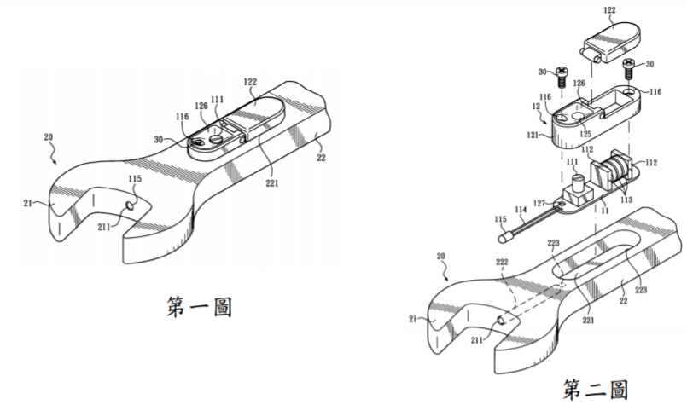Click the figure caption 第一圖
pyautogui.click(x=199, y=307)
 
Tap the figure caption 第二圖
pyautogui.click(x=596, y=390)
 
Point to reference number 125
pyautogui.click(x=585, y=134)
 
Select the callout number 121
pyautogui.click(x=533, y=136)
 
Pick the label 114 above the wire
pyautogui.click(x=521, y=210)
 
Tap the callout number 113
pyautogui.click(x=626, y=200)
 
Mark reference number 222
pyautogui.click(x=502, y=262)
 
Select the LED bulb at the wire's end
pyautogui.click(x=503, y=237)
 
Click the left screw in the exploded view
pyautogui.click(x=562, y=77)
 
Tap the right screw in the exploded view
pyautogui.click(x=629, y=68)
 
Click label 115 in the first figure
pyautogui.click(x=135, y=179)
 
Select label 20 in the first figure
pyautogui.click(x=48, y=137)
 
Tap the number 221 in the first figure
pyautogui.click(x=271, y=183)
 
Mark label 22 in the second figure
pyautogui.click(x=623, y=301)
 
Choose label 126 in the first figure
pyautogui.click(x=201, y=106)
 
